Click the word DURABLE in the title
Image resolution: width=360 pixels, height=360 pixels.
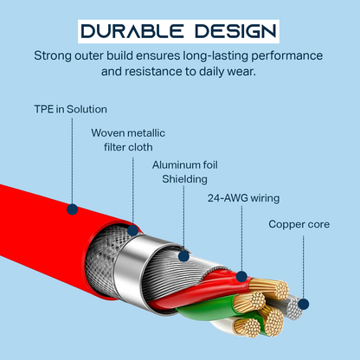(x=132, y=31)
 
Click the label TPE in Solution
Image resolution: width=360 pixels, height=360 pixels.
(x=70, y=109)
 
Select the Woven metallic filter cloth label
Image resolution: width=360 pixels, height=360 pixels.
(x=128, y=140)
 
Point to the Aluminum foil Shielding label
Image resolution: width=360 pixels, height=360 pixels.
(x=184, y=172)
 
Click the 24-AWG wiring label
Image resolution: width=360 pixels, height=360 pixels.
(x=243, y=198)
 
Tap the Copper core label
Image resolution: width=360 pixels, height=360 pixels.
(x=299, y=224)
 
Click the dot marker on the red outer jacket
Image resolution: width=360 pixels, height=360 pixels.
(x=73, y=209)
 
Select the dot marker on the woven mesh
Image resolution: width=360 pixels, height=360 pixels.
(x=132, y=230)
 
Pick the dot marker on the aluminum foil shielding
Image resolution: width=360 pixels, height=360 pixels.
(x=183, y=256)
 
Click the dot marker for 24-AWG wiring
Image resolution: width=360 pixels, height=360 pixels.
(x=241, y=277)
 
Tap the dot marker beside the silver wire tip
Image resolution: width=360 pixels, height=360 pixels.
(x=304, y=304)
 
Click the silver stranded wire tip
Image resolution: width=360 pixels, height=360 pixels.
(x=293, y=308)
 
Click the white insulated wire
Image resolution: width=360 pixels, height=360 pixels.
(x=223, y=325)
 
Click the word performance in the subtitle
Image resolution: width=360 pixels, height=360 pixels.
(x=286, y=55)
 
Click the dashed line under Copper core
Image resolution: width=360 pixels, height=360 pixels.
(x=303, y=267)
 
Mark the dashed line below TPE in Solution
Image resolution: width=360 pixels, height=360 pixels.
(x=72, y=161)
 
